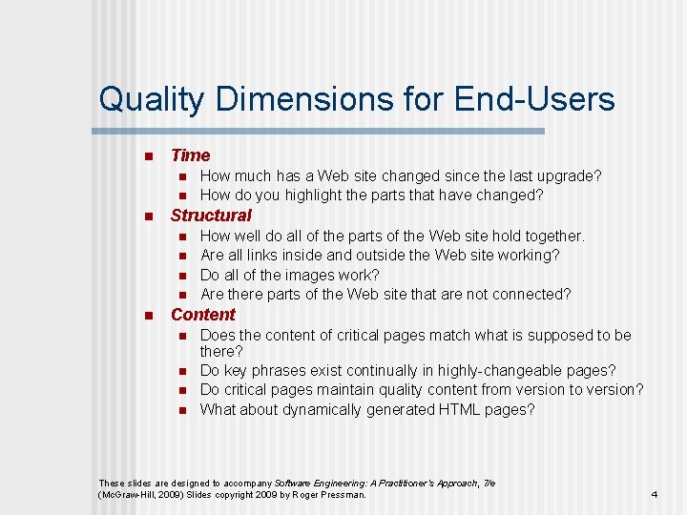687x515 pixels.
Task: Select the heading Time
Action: pos(190,155)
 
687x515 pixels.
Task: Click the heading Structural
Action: pos(211,216)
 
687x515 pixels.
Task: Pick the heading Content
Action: pos(202,315)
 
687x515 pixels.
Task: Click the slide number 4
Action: pos(655,495)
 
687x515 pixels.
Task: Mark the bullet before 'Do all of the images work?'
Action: pos(179,276)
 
